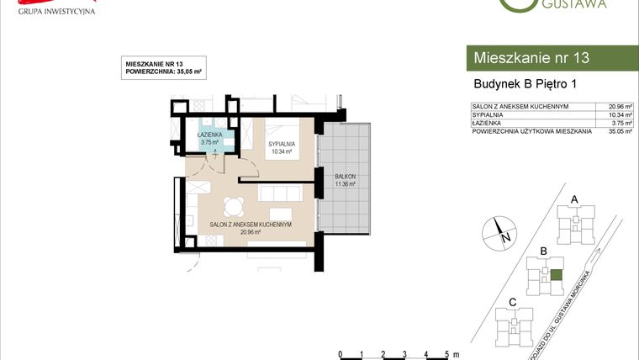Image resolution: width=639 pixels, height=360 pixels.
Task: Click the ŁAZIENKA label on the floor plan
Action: (x=209, y=135)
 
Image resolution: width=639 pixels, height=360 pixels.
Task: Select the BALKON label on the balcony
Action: (x=345, y=176)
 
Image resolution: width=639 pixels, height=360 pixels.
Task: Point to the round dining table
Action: (x=235, y=205)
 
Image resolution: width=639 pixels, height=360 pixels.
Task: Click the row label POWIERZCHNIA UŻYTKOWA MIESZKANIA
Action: (x=532, y=132)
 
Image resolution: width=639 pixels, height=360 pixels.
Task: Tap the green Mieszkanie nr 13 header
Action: (x=551, y=58)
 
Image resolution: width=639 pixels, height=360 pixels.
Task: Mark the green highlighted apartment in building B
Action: (x=556, y=274)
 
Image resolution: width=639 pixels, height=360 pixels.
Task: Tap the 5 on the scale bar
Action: (x=447, y=353)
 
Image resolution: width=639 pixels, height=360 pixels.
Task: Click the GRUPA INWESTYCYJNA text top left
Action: (x=50, y=12)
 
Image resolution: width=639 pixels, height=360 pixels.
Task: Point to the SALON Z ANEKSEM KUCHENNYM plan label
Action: (x=251, y=225)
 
